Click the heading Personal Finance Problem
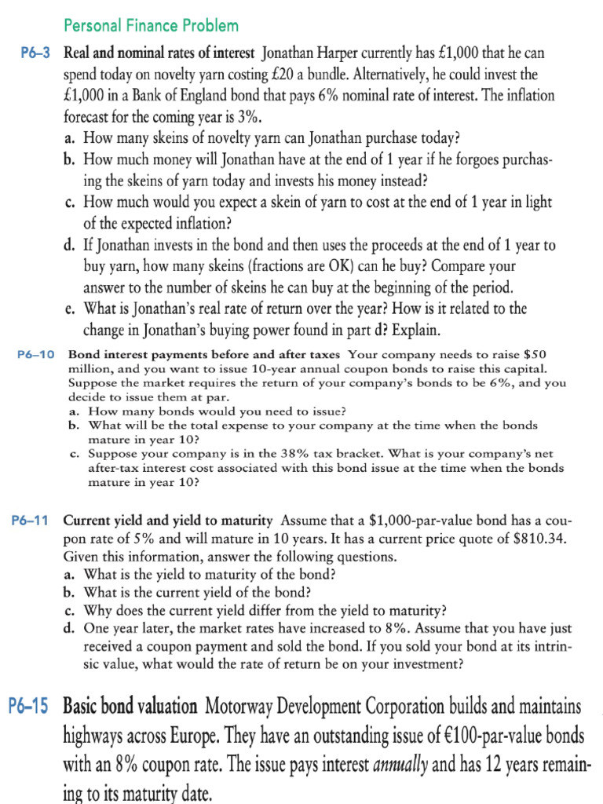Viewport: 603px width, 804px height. tap(151, 26)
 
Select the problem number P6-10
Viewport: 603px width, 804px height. tap(35, 355)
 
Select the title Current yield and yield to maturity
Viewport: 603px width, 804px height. tap(168, 521)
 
